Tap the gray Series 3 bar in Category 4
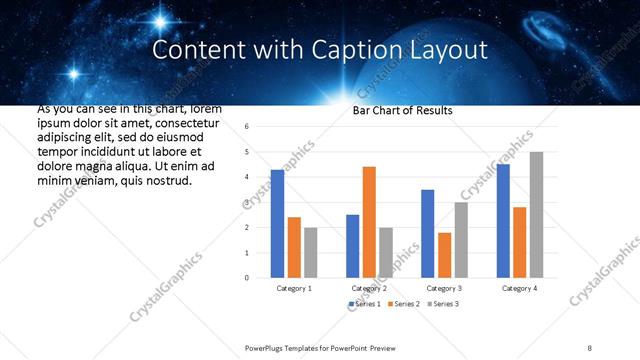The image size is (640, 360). [536, 215]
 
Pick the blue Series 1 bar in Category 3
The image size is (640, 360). [428, 233]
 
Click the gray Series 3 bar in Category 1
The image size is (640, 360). [310, 252]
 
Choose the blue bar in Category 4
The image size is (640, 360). [503, 221]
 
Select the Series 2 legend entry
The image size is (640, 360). [404, 303]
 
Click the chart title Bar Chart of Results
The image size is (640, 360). [402, 110]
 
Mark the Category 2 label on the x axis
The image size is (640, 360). [369, 288]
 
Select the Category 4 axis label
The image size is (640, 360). [519, 288]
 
